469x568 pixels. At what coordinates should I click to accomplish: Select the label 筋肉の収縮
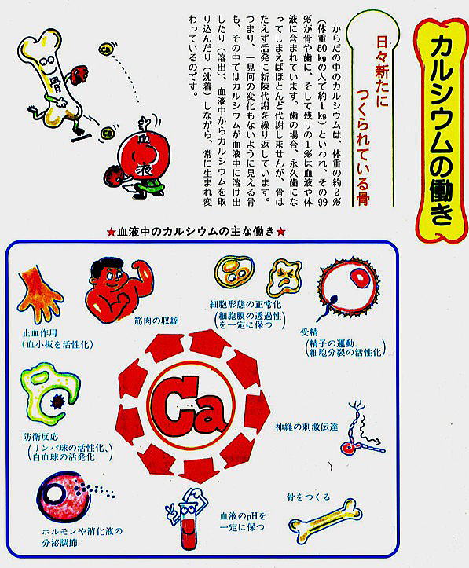156,321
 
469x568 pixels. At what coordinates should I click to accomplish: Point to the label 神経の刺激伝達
306,427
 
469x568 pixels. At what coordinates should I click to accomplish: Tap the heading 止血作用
40,333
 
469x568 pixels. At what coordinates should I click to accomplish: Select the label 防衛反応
41,438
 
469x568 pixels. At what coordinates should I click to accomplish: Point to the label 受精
309,332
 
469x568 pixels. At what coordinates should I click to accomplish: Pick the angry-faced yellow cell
284,278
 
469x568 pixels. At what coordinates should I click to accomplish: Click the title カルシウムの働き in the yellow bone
442,130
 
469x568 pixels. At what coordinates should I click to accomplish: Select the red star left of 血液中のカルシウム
112,232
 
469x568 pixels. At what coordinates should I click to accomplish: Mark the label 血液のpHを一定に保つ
243,521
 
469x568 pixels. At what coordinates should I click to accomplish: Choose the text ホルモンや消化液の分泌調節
82,537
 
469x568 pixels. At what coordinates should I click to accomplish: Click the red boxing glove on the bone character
79,75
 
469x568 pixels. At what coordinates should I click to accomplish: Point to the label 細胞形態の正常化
246,305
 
